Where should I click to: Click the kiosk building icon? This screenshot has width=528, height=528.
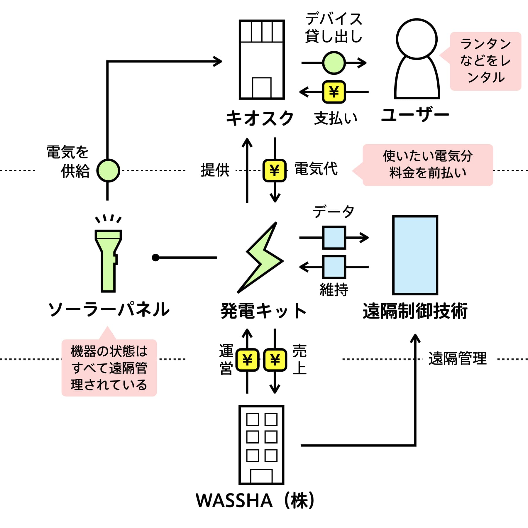(262, 60)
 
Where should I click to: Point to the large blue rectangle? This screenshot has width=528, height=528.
(415, 255)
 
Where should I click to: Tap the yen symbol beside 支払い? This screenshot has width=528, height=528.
(334, 92)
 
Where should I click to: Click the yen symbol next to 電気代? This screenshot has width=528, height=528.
(274, 170)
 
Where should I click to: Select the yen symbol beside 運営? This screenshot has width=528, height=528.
(247, 360)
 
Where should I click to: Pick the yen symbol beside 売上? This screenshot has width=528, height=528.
(275, 360)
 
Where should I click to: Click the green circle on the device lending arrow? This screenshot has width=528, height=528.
(334, 62)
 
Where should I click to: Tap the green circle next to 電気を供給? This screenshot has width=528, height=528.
(108, 170)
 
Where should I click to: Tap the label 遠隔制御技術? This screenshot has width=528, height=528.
(415, 311)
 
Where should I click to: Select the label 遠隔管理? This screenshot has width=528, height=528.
(458, 358)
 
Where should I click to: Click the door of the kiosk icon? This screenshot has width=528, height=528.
(262, 88)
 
